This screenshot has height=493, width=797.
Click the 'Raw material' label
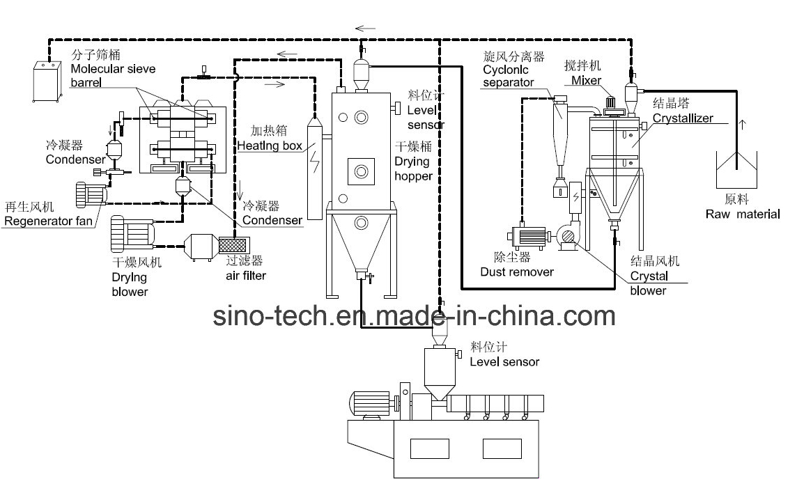(x=742, y=214)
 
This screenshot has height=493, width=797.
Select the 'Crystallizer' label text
(x=682, y=118)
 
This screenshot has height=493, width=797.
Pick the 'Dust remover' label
(x=517, y=272)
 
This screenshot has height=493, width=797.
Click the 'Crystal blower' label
(x=648, y=283)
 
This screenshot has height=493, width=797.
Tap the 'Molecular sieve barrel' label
(x=113, y=69)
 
